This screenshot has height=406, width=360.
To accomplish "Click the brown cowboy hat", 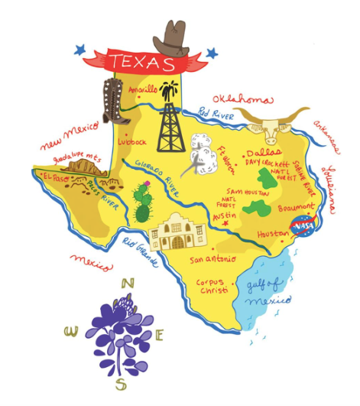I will [x=173, y=36].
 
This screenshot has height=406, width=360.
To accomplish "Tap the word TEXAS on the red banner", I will [x=140, y=61].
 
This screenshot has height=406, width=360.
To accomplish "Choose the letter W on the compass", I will [x=71, y=331].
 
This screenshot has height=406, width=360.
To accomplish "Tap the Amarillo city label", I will [x=142, y=89].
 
